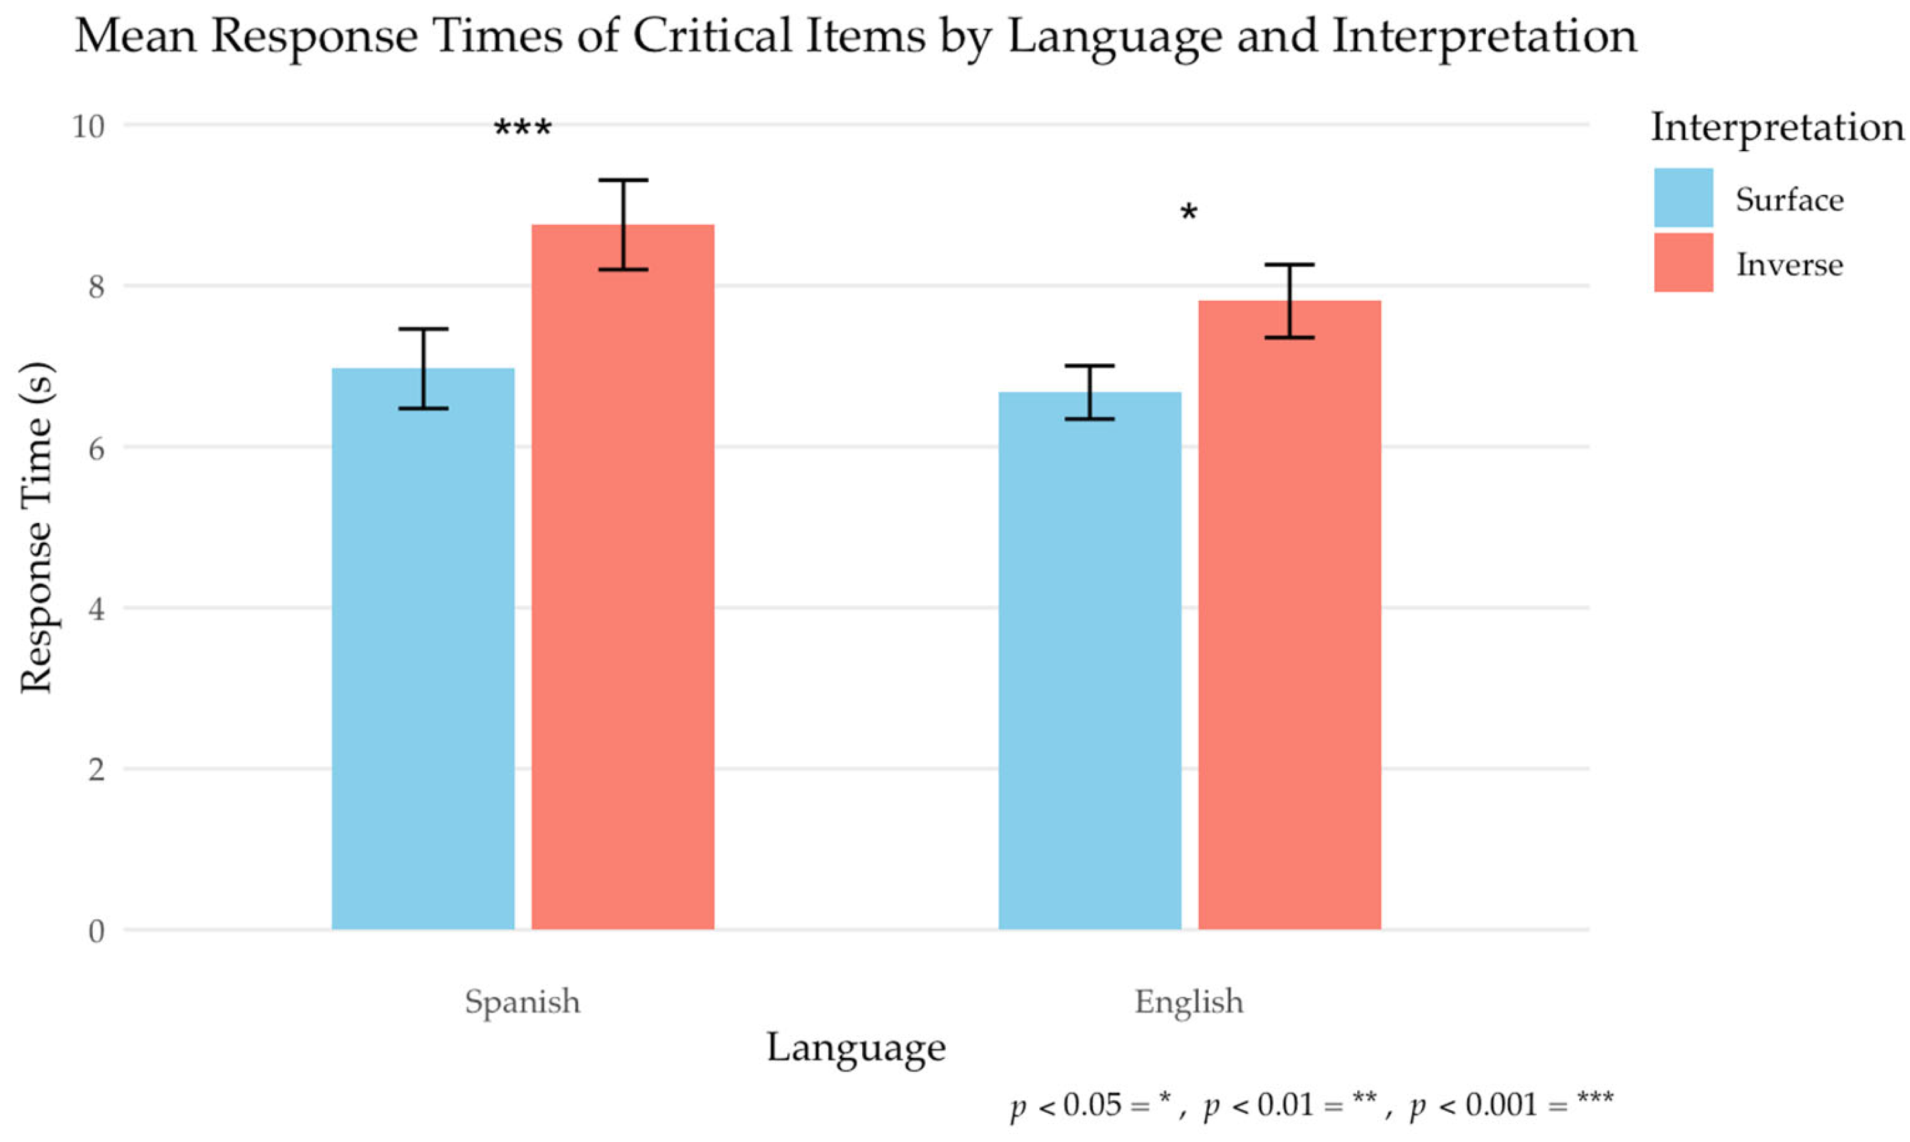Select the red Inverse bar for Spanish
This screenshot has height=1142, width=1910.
(622, 577)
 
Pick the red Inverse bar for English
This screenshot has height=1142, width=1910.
(1289, 615)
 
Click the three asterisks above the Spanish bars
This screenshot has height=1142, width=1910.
(522, 129)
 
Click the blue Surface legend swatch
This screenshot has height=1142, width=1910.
(1683, 198)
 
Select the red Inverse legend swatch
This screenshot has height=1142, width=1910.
(1683, 262)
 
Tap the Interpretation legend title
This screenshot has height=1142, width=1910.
(1777, 128)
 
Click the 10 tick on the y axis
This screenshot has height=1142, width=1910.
(87, 125)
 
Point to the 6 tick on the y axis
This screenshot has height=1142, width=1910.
(96, 448)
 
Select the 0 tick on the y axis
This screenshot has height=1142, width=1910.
(96, 931)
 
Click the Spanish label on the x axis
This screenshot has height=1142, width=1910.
(522, 1002)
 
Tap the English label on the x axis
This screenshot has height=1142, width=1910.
(1188, 1002)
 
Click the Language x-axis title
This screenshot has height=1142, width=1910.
(856, 1048)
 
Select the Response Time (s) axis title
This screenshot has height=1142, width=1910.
(36, 528)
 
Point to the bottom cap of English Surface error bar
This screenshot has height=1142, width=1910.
(1090, 419)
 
